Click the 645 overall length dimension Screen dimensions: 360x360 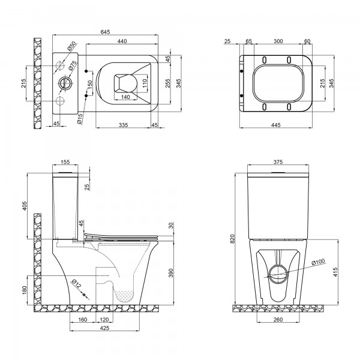pos(106,32)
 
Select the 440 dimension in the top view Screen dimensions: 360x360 pos(122,41)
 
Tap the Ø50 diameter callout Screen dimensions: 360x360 pos(71,46)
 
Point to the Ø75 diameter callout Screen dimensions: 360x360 pos(73,65)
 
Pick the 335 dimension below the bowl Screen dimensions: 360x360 pos(123,125)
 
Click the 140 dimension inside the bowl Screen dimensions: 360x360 pos(125,97)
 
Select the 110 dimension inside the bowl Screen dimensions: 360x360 pos(144,83)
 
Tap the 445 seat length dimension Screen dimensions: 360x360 pos(276,125)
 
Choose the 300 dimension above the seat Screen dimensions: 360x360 pos(278,41)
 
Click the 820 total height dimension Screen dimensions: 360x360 pos(233,239)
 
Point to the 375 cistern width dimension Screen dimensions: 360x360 pos(278,162)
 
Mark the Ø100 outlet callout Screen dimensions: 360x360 pos(319,262)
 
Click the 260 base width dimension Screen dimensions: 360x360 pos(278,319)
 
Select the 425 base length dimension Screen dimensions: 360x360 pos(104,328)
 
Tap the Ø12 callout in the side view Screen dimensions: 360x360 pos(76,284)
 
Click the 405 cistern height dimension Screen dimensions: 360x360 pos(25,206)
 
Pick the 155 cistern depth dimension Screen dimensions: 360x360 pos(65,162)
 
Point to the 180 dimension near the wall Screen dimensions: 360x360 pos(25,290)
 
